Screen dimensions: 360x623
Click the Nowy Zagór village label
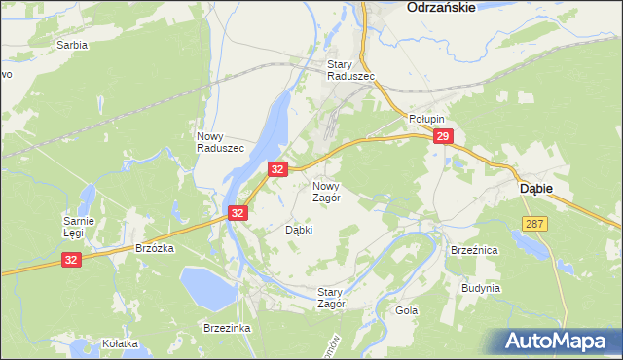coord(326,191)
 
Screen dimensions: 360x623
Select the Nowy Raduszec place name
coord(220,142)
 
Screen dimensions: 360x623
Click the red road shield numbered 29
coord(443,138)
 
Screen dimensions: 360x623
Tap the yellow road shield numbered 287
coord(534,224)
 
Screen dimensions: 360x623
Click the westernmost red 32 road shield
coord(72,260)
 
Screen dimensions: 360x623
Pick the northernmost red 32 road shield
coord(277,169)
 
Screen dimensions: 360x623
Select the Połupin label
coord(426,117)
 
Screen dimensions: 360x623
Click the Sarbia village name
coord(72,46)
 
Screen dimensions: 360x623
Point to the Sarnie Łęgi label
coord(79,227)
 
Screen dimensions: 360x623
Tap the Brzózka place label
coord(154,248)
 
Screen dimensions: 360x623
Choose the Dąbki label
coord(298,231)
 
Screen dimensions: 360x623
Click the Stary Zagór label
coord(332,298)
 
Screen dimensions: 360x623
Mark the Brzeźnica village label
coord(474,250)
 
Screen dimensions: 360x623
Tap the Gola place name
coord(407,310)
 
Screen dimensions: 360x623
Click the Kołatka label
coord(121,343)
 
